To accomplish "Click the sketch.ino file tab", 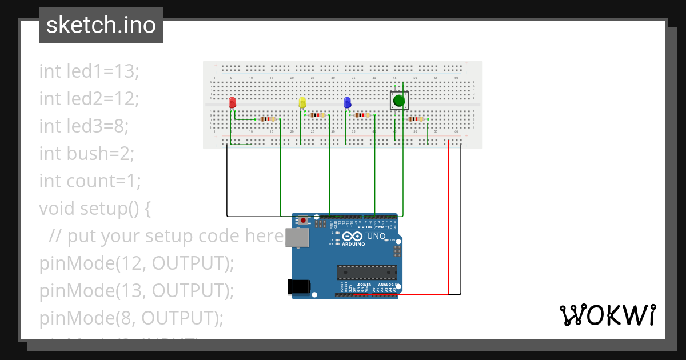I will pyautogui.click(x=101, y=25).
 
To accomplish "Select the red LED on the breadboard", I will pyautogui.click(x=232, y=103).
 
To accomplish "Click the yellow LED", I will pyautogui.click(x=302, y=103).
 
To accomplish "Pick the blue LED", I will pyautogui.click(x=347, y=103).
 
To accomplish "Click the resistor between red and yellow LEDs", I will pyautogui.click(x=267, y=119).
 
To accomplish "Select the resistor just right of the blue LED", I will pyautogui.click(x=362, y=115).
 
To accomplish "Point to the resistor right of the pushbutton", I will pyautogui.click(x=416, y=119).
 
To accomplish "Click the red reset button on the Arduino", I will pyautogui.click(x=303, y=220).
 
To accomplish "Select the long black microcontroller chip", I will pyautogui.click(x=366, y=274).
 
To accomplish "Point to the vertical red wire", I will pyautogui.click(x=448, y=217).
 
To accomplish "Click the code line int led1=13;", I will pyautogui.click(x=89, y=71).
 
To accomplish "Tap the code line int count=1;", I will pyautogui.click(x=90, y=181).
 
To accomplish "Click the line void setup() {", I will pyautogui.click(x=95, y=209).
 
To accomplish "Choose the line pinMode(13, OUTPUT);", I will pyautogui.click(x=137, y=291).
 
